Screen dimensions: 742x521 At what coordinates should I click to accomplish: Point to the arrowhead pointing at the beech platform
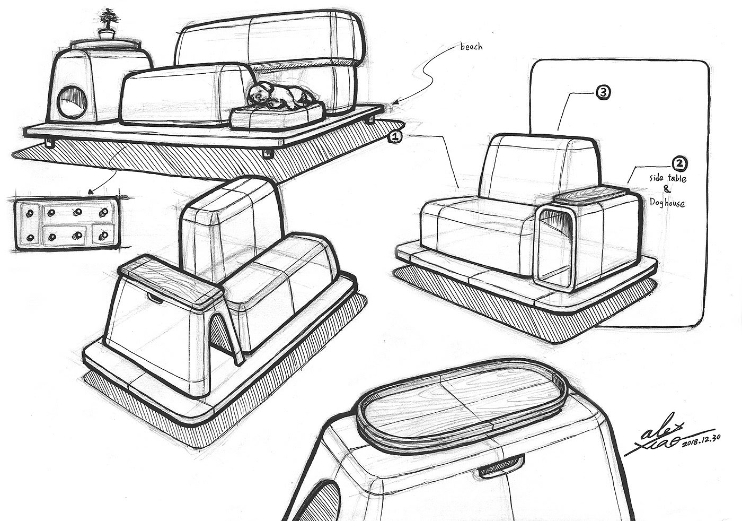pos(395,103)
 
